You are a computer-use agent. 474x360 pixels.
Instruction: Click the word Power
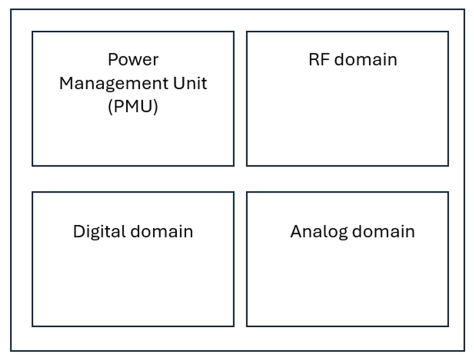133,59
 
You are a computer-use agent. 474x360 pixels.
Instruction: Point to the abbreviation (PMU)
133,106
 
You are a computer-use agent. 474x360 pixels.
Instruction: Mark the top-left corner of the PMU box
32,31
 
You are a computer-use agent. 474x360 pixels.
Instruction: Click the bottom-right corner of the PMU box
233,165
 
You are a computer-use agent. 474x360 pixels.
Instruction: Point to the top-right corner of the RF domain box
448,31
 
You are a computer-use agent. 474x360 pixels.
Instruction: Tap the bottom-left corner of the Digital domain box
32,326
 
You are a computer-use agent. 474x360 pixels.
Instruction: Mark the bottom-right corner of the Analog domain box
448,326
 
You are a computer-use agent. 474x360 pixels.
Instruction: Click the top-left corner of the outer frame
11,9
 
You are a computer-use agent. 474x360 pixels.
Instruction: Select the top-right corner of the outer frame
464,9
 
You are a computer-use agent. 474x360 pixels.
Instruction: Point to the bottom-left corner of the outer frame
11,350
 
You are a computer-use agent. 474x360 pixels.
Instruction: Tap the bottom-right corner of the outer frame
464,350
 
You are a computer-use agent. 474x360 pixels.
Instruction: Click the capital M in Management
66,83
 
